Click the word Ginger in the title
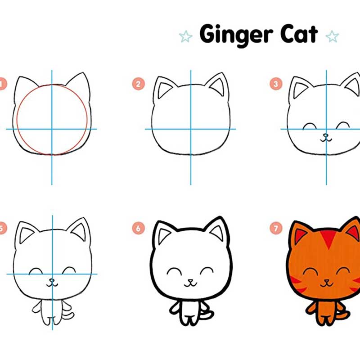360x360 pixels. [x=236, y=36]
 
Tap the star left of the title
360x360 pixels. [x=185, y=36]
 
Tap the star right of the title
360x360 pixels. [x=332, y=36]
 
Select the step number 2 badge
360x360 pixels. [x=139, y=84]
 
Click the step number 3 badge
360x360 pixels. [x=276, y=84]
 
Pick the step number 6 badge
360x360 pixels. [x=139, y=228]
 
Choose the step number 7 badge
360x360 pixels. [x=276, y=228]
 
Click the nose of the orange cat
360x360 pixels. [x=327, y=280]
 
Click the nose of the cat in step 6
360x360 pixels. [x=190, y=280]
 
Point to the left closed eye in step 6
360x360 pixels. [x=174, y=270]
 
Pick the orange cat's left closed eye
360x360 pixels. [x=310, y=270]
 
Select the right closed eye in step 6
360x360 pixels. [x=207, y=270]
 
